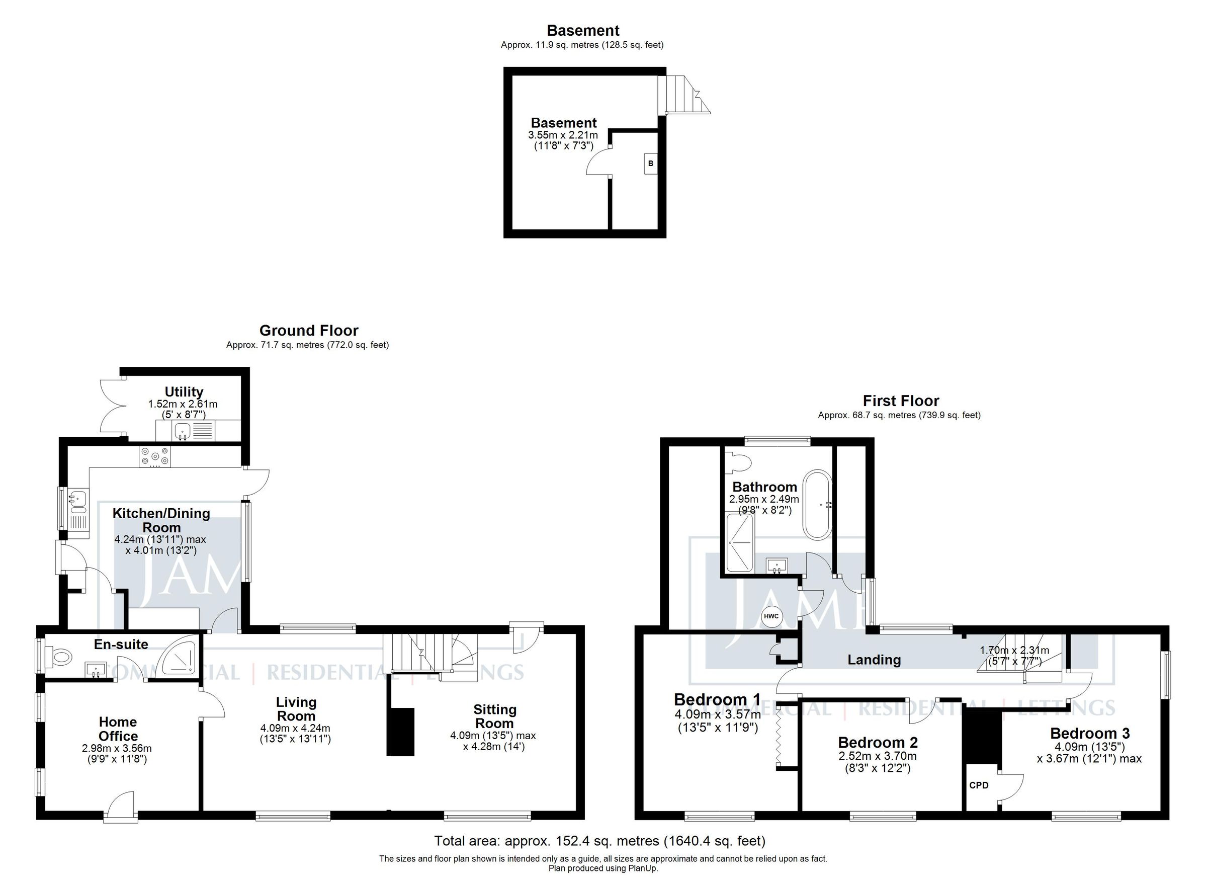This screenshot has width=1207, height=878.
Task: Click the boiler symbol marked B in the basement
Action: tap(650, 164)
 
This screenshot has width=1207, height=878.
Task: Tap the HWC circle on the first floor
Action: tap(771, 616)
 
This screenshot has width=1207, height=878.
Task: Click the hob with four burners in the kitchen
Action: tap(155, 457)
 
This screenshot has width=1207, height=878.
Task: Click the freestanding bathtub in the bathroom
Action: tap(820, 505)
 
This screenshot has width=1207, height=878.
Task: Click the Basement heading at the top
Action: tap(583, 30)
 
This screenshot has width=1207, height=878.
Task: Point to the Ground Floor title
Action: tap(309, 331)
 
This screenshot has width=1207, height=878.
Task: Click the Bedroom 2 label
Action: tap(878, 742)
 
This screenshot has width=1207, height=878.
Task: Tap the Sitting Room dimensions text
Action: tap(493, 741)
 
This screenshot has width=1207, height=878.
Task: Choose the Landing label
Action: tap(874, 660)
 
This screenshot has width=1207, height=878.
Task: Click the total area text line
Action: tap(600, 841)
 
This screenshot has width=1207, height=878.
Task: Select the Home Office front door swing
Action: tap(121, 805)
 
